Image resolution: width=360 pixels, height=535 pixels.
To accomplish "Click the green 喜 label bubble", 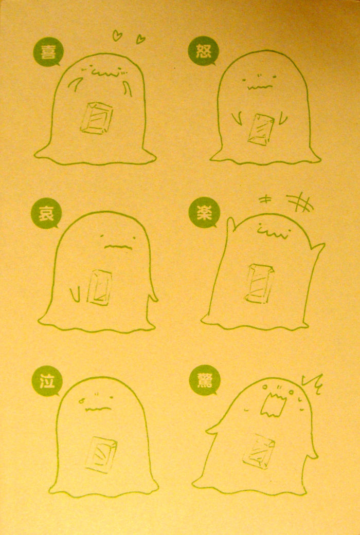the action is click(x=48, y=51).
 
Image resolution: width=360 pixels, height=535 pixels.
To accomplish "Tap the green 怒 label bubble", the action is click(x=203, y=51).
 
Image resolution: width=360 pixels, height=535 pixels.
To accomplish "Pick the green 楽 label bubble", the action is click(x=204, y=213).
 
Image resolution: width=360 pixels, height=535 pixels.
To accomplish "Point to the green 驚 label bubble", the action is click(x=205, y=380).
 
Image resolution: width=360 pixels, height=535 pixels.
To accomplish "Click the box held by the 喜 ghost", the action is click(x=96, y=118).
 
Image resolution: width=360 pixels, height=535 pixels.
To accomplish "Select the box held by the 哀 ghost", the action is click(x=99, y=287).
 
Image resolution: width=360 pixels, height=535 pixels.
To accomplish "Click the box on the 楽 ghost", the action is click(x=259, y=284).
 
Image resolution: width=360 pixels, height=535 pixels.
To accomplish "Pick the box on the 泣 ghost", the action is click(x=101, y=454).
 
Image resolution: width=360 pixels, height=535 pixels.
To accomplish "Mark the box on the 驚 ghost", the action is click(x=259, y=451).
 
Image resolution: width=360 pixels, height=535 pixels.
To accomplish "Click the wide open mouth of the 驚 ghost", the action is click(x=273, y=405).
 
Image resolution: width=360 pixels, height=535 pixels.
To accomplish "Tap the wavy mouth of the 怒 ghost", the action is click(x=260, y=87).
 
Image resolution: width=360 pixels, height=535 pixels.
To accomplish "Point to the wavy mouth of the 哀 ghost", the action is click(x=118, y=247).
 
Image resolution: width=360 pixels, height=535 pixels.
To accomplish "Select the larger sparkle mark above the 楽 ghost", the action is click(x=300, y=202).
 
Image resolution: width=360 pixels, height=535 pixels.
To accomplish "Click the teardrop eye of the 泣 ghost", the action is click(x=81, y=400).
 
